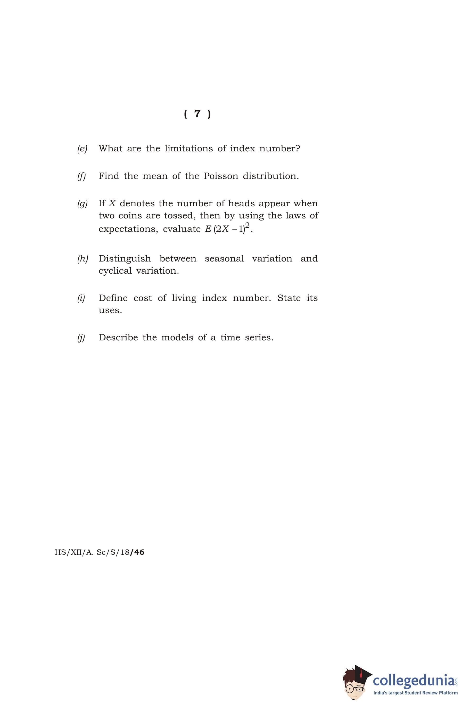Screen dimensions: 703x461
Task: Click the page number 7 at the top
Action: pyautogui.click(x=197, y=114)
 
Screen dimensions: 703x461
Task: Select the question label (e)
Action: pyautogui.click(x=82, y=149)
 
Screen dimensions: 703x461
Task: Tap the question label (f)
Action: pyautogui.click(x=81, y=176)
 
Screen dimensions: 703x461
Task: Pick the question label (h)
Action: pyautogui.click(x=83, y=259)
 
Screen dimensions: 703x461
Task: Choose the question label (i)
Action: pyautogui.click(x=81, y=298)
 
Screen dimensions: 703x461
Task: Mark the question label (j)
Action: pyautogui.click(x=81, y=338)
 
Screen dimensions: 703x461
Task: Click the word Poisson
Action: pyautogui.click(x=221, y=176)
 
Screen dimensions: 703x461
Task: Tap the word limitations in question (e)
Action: pyautogui.click(x=188, y=149)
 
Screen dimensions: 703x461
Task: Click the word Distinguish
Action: pyautogui.click(x=125, y=259)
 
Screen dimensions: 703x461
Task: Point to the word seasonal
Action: pyautogui.click(x=224, y=259)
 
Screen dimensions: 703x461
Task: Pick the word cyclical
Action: pyautogui.click(x=115, y=271)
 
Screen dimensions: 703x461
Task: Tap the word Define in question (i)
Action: pyautogui.click(x=113, y=298)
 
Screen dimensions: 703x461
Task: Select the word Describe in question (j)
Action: pyautogui.click(x=118, y=338)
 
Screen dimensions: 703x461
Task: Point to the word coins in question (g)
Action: pyautogui.click(x=130, y=216)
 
